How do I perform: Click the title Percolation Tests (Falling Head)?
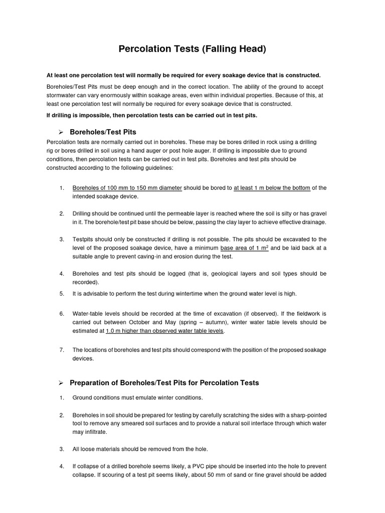pyautogui.click(x=192, y=49)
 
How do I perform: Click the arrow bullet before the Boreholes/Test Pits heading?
pyautogui.click(x=61, y=132)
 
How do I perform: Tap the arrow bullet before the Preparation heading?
pyautogui.click(x=61, y=383)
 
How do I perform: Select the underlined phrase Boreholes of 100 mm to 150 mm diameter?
pyautogui.click(x=127, y=188)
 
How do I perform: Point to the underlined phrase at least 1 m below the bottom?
pyautogui.click(x=272, y=188)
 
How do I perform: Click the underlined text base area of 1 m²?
pyautogui.click(x=244, y=248)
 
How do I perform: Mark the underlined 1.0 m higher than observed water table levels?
pyautogui.click(x=165, y=331)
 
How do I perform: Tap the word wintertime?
pyautogui.click(x=173, y=293)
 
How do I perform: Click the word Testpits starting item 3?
pyautogui.click(x=84, y=239)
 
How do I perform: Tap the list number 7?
pyautogui.click(x=62, y=350)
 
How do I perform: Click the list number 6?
pyautogui.click(x=62, y=314)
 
